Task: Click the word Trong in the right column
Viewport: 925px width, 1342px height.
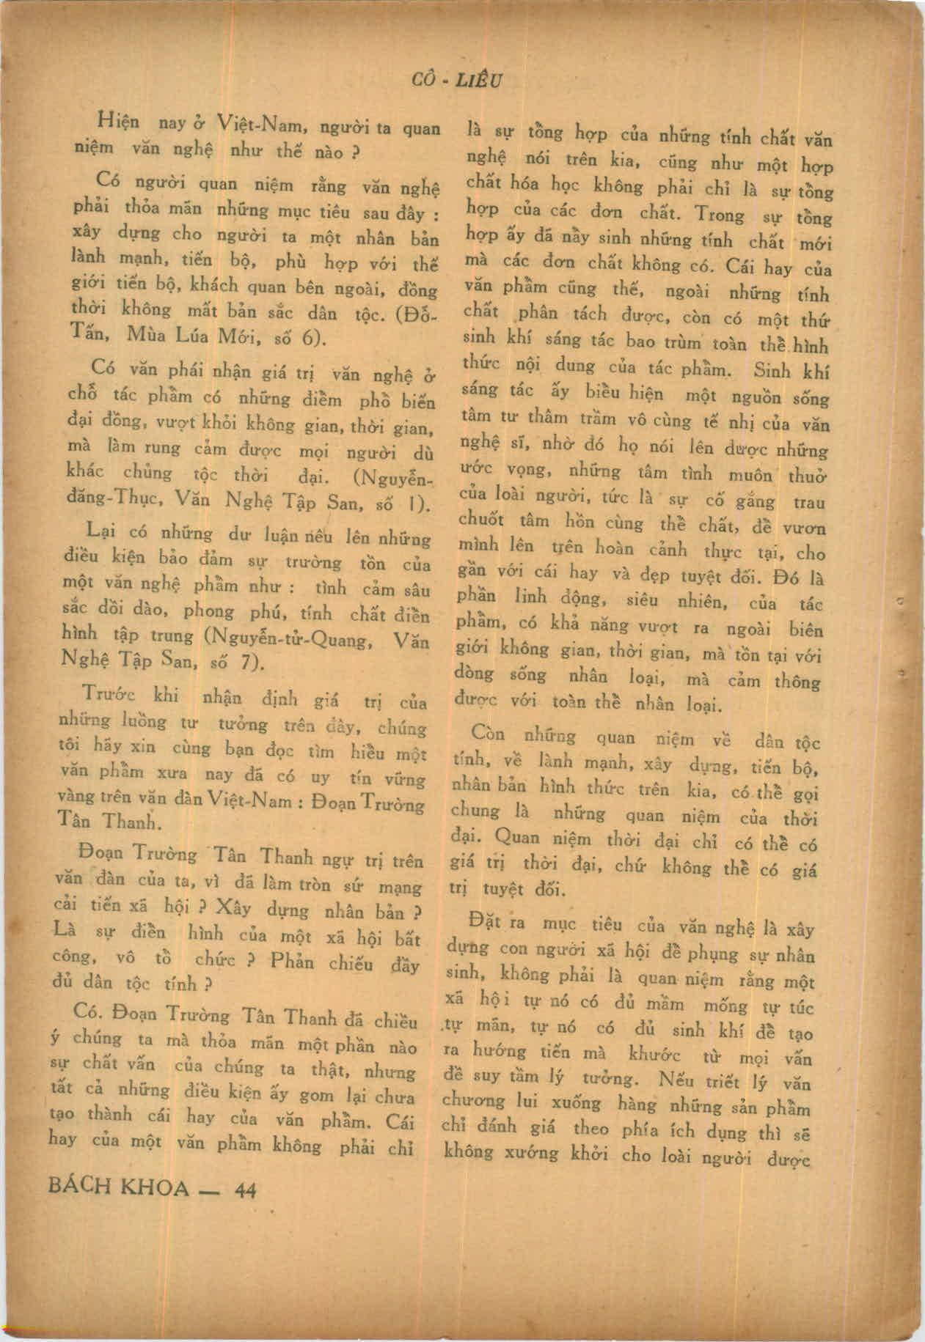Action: (719, 214)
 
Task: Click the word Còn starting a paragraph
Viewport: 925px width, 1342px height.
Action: (494, 732)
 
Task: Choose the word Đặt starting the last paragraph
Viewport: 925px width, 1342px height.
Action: (483, 920)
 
